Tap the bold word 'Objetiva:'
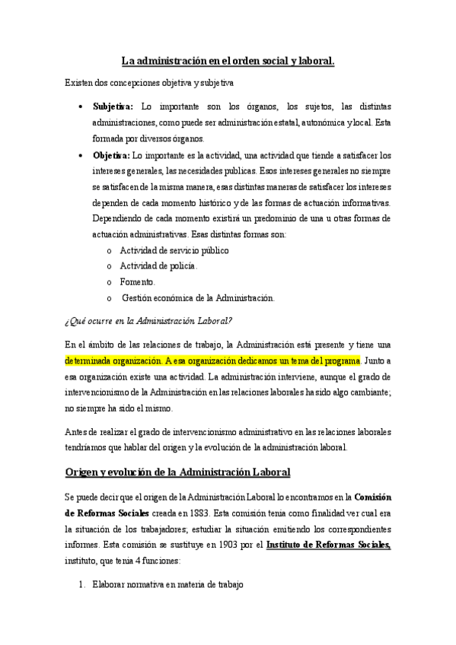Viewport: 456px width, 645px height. [x=111, y=155]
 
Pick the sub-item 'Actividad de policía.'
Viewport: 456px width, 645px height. [x=158, y=265]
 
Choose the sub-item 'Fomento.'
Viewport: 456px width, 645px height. [x=138, y=281]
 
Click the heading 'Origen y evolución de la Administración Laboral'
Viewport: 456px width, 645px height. [x=177, y=472]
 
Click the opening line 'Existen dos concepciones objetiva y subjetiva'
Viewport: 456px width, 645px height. [x=149, y=82]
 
